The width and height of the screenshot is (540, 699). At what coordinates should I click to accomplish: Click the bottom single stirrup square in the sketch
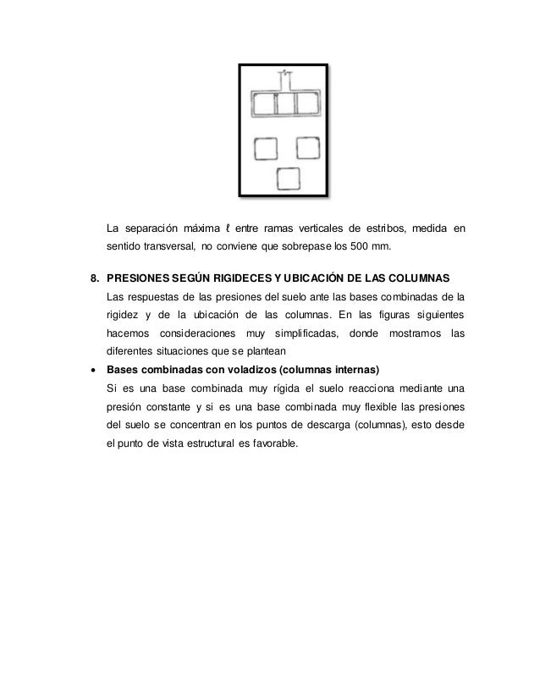289,179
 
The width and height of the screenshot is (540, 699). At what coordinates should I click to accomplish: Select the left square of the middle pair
265,149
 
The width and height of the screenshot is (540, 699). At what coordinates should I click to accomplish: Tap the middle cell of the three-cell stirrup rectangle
286,106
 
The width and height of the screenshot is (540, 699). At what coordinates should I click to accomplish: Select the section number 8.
95,278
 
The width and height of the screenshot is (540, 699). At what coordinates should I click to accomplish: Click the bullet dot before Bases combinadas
94,371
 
